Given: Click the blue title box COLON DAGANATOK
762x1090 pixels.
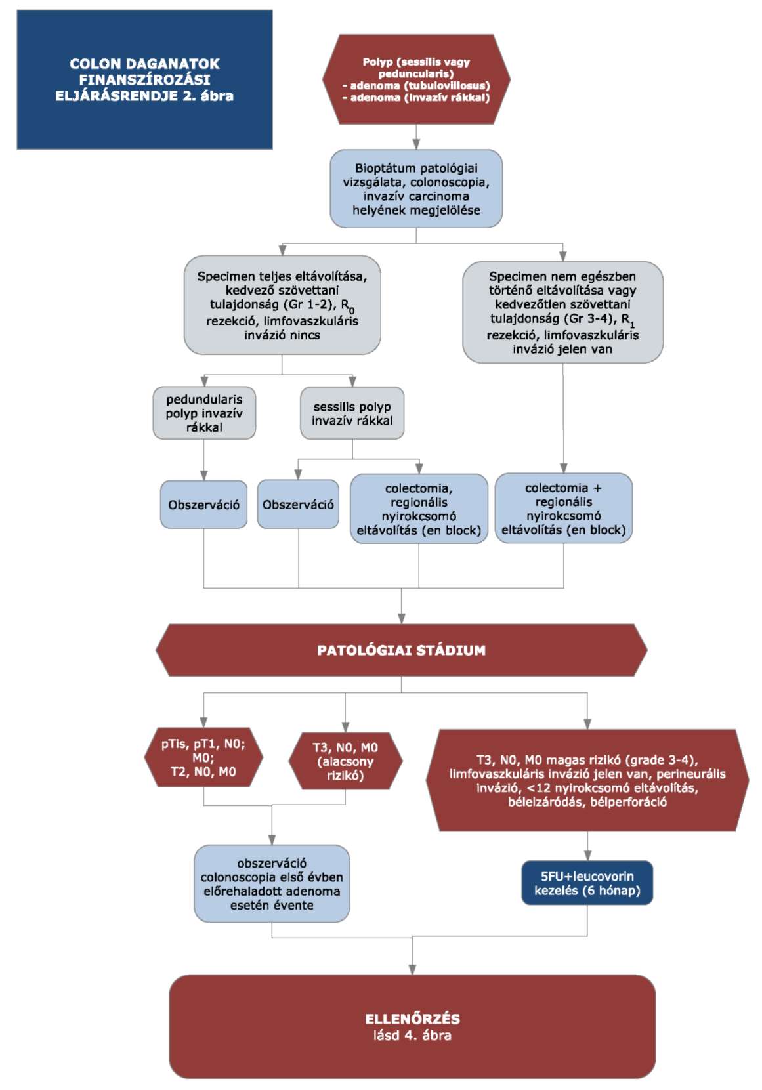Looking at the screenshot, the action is tap(144, 79).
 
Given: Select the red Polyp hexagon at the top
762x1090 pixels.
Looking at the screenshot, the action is tap(416, 79).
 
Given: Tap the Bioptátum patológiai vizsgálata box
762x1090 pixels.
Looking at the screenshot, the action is tap(416, 189).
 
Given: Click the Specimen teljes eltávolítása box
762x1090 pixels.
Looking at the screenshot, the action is tap(282, 305).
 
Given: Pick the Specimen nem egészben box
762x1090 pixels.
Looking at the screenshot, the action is tap(562, 312).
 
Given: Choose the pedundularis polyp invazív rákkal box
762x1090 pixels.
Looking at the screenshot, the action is tap(204, 413).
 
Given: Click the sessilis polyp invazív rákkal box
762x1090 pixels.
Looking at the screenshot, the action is tap(352, 413).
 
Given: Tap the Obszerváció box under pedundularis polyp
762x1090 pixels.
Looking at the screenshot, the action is tap(204, 505).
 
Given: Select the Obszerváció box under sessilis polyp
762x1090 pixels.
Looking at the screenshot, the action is tap(298, 505).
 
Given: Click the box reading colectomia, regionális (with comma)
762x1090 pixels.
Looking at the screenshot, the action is tap(419, 509).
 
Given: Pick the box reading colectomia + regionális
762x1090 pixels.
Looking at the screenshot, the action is tap(564, 508).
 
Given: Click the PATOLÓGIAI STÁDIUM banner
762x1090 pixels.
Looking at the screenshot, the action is tap(402, 650).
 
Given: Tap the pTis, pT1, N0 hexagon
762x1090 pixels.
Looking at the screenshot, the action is tap(203, 758).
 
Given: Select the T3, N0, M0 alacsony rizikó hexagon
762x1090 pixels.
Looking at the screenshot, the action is tap(345, 761).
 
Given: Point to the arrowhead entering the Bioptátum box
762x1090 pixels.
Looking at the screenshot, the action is tap(416, 145).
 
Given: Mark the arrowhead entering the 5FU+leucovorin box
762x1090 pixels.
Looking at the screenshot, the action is tap(587, 856).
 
